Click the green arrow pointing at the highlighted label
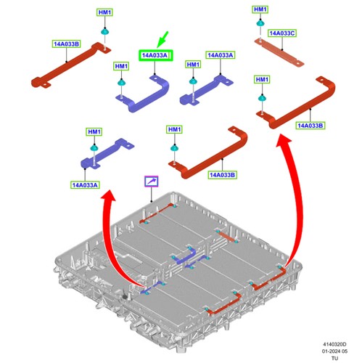click(x=163, y=39)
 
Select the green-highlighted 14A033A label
click(x=155, y=55)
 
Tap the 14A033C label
click(x=282, y=33)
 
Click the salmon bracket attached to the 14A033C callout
click(x=279, y=52)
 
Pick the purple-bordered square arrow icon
click(x=152, y=181)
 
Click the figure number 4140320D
click(x=334, y=344)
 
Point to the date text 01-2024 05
click(x=334, y=351)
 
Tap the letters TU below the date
click(x=334, y=358)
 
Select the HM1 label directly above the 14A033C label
click(x=260, y=9)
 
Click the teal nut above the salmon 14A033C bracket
click(x=260, y=23)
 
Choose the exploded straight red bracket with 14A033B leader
click(x=71, y=65)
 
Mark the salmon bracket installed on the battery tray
click(x=226, y=236)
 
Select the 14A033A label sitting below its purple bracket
click(x=85, y=185)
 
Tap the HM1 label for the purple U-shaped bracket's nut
click(x=121, y=66)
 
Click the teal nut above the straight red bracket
click(x=104, y=31)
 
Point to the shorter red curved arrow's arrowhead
click(x=108, y=195)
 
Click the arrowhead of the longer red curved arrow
click(x=284, y=141)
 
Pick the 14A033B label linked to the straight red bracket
click(x=66, y=44)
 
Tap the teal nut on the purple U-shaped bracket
click(x=121, y=83)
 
